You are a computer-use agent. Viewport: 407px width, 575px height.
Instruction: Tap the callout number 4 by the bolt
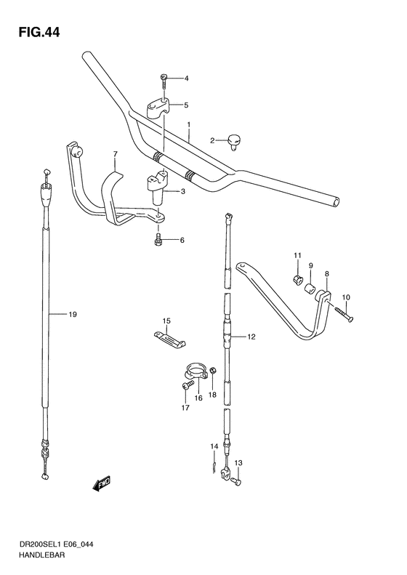(185, 79)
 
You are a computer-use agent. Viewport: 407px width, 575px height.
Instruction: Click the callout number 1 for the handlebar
(188, 125)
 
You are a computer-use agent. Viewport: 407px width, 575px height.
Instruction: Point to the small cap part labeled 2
(234, 138)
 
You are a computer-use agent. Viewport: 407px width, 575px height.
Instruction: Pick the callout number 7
(114, 154)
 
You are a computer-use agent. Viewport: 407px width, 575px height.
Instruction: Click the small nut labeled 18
(212, 374)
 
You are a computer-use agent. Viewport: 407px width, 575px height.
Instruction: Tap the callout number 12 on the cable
(251, 337)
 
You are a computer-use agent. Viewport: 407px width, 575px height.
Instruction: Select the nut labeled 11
(297, 278)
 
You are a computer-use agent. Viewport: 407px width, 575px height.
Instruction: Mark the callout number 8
(327, 274)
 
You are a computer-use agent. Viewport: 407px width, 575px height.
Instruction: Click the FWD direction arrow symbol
(101, 483)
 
